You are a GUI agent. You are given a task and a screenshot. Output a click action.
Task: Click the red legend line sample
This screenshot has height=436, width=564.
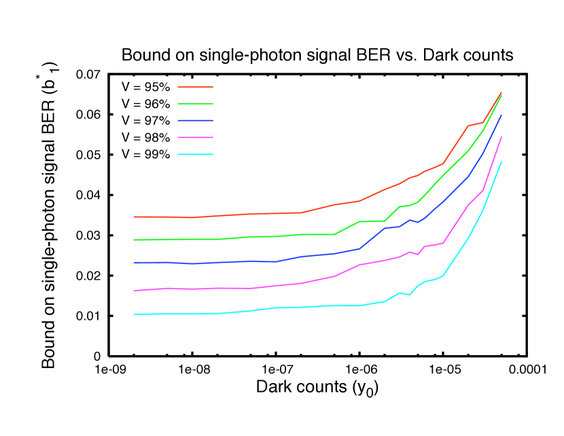coord(195,87)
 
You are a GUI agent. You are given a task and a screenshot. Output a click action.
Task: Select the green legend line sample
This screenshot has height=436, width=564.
coord(195,103)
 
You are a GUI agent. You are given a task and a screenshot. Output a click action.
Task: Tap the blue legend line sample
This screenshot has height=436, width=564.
coord(195,120)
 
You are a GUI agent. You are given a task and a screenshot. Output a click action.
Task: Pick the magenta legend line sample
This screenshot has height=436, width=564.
coord(195,137)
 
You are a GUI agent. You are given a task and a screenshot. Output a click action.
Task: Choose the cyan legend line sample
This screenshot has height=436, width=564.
coord(195,154)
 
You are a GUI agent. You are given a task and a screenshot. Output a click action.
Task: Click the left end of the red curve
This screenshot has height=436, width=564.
coord(134,217)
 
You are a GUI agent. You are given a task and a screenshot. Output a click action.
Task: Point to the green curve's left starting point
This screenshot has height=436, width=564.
coord(134,240)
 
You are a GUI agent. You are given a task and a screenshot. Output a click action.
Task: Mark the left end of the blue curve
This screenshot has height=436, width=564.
coord(134,262)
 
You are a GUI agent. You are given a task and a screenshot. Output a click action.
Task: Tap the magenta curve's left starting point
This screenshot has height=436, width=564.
coord(134,290)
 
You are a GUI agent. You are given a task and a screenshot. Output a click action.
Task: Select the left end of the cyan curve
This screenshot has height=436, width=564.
coord(134,314)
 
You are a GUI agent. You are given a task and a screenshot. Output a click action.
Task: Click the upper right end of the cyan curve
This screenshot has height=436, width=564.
coord(501,162)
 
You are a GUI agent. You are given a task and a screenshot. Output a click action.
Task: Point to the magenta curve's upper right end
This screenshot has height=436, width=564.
coord(501,137)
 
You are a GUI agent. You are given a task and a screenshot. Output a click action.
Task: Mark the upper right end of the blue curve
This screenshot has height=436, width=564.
coord(501,115)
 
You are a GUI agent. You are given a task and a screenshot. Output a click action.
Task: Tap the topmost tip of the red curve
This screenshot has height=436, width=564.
coord(501,92)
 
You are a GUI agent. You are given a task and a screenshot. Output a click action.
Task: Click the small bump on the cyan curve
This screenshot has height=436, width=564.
coord(400,293)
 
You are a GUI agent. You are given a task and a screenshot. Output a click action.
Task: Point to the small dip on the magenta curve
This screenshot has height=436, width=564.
coord(418,255)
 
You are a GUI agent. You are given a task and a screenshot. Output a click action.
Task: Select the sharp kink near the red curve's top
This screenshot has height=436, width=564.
coord(468,126)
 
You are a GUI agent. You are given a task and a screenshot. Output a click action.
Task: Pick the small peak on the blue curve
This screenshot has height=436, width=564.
coord(410,220)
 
